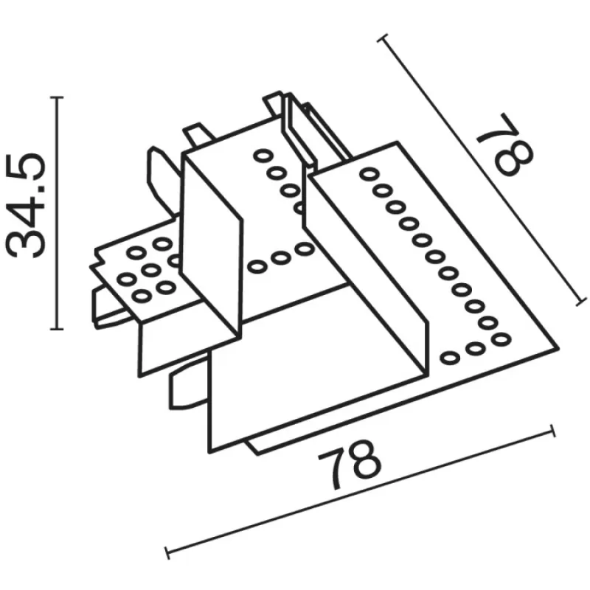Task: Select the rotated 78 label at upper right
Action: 505,144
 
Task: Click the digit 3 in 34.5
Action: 26,243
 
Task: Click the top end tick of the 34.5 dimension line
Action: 57,97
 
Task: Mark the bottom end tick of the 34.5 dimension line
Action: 57,329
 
